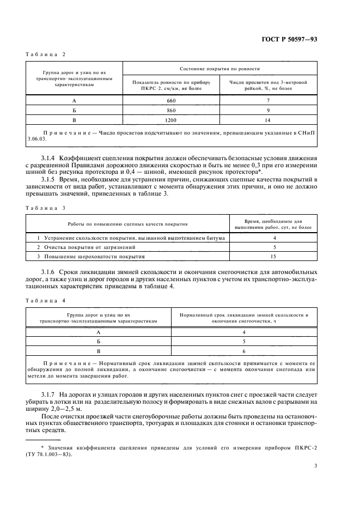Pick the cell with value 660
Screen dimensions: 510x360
[x=172, y=101]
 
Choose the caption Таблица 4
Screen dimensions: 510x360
[x=45, y=300]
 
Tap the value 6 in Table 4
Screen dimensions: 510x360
[x=244, y=351]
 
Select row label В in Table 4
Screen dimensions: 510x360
[x=99, y=351]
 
